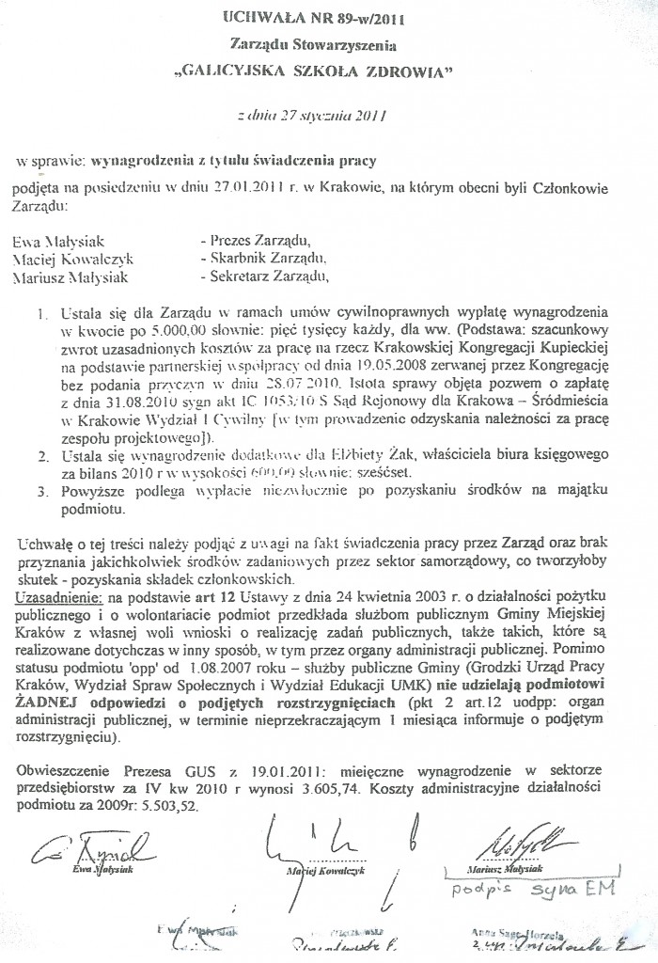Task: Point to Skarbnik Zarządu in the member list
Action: click(261, 258)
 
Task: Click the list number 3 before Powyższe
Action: click(42, 491)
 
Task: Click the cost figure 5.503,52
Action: click(172, 809)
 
